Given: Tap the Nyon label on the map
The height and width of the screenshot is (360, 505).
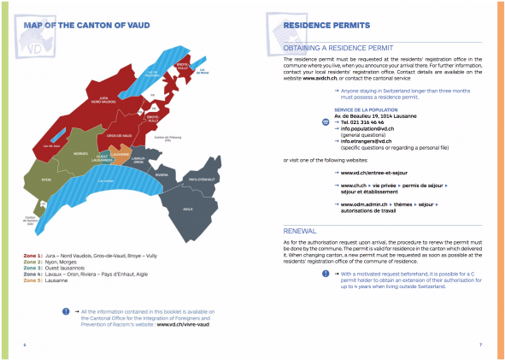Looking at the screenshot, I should [46, 181].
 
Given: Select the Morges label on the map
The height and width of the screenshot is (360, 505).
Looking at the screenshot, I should [81, 154].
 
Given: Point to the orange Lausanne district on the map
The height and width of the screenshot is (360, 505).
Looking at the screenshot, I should [120, 154].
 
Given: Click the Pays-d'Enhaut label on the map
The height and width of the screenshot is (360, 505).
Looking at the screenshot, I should [203, 178].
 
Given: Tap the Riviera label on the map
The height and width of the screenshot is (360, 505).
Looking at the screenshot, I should [161, 174].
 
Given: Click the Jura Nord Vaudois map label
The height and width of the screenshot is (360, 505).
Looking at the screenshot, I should [103, 100].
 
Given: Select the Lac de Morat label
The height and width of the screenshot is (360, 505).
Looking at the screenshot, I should [203, 71].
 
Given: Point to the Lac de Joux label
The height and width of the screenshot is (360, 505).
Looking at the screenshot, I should [49, 146].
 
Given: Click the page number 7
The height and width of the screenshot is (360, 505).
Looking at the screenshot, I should [480, 345].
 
